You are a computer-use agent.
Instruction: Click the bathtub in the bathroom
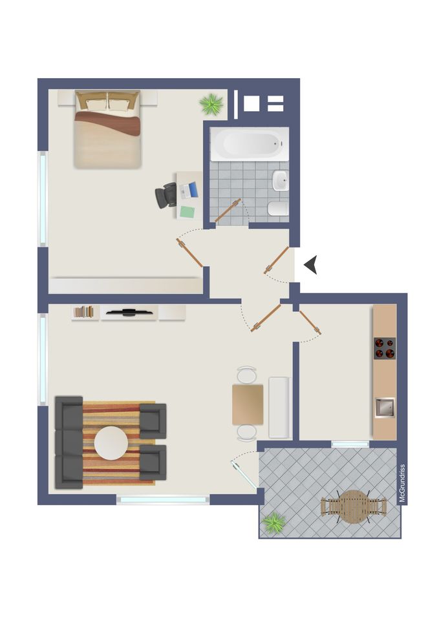tap(250, 144)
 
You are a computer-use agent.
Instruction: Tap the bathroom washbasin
tap(281, 181)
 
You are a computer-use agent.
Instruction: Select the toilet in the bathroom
tap(278, 209)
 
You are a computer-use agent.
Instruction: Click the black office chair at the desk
tap(166, 195)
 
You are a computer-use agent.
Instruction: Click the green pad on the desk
tap(187, 212)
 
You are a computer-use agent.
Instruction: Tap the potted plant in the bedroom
tap(211, 105)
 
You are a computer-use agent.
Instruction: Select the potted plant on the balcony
tap(273, 522)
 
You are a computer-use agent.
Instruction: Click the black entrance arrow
tap(311, 265)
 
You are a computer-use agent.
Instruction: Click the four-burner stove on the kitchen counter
tap(385, 348)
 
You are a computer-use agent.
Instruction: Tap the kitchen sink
tap(385, 408)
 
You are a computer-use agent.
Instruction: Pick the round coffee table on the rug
tap(111, 443)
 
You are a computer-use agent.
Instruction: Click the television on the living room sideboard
tap(129, 313)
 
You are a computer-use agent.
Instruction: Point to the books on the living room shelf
tap(84, 311)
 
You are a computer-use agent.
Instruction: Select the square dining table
tap(248, 404)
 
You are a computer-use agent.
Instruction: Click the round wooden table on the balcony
tap(353, 506)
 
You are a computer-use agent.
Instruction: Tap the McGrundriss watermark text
tap(402, 483)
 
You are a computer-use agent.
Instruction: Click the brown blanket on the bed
tap(108, 122)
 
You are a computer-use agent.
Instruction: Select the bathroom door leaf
tap(228, 211)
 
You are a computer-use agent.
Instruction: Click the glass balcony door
tap(244, 475)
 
